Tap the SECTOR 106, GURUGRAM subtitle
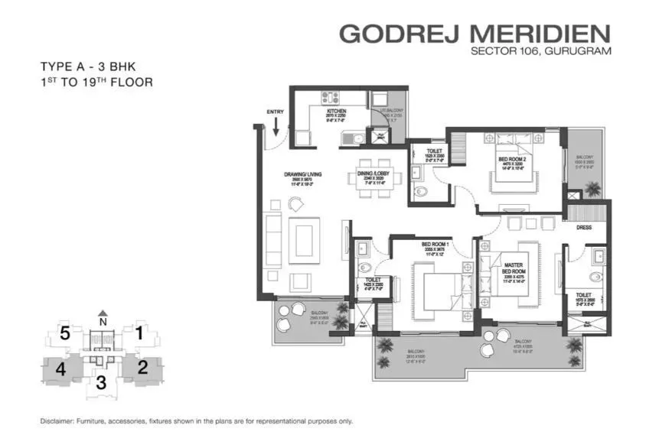click(543, 53)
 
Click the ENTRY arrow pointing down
click(276, 125)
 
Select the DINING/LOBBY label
click(376, 174)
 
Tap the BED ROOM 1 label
click(434, 245)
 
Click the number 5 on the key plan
click(66, 333)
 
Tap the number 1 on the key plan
click(139, 333)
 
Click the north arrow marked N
click(103, 316)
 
